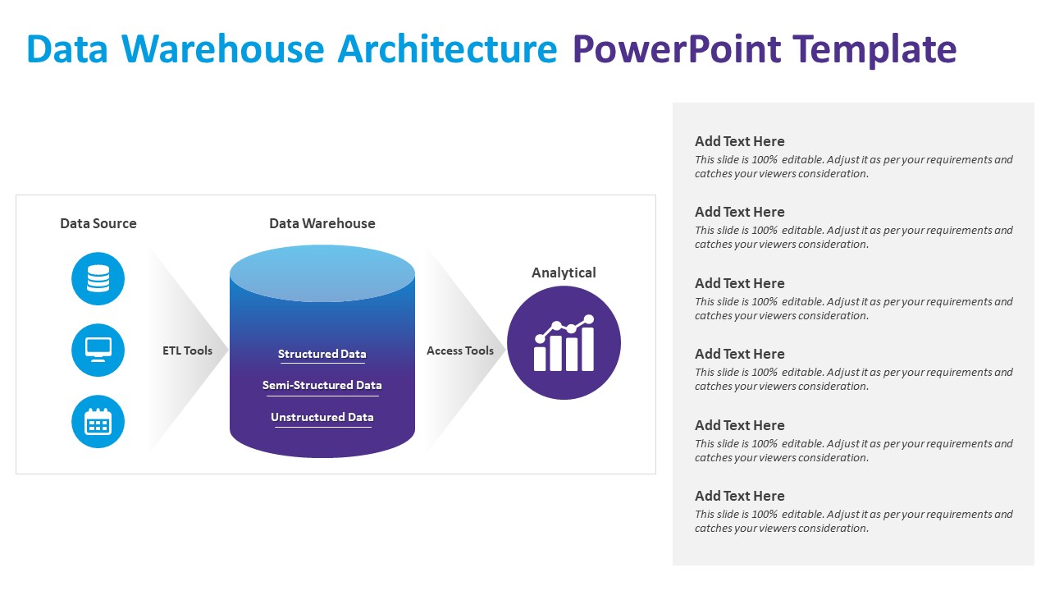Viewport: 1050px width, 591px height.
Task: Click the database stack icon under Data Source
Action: [x=98, y=279]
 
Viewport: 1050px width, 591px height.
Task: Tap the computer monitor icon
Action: [x=98, y=350]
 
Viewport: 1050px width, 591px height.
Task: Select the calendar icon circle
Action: [x=98, y=422]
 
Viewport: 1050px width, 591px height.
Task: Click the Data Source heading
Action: [x=98, y=223]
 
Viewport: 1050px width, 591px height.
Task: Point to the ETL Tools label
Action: [x=187, y=350]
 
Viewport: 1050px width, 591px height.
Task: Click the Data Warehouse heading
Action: [x=322, y=223]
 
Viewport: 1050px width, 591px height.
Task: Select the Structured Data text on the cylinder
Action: [x=322, y=355]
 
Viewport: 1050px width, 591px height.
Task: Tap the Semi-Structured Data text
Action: [x=322, y=385]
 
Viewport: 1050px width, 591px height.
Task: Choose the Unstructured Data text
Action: [x=322, y=417]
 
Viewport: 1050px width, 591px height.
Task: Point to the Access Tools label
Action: [x=460, y=350]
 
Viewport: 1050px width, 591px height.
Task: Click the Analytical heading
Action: [x=564, y=273]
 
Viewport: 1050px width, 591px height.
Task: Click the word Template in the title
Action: [x=874, y=49]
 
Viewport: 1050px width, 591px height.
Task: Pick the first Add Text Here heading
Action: [x=740, y=141]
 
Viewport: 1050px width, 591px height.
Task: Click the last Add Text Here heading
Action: [x=740, y=496]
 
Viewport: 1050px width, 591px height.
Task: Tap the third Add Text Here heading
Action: [x=740, y=283]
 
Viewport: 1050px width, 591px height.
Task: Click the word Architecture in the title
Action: [x=448, y=49]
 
